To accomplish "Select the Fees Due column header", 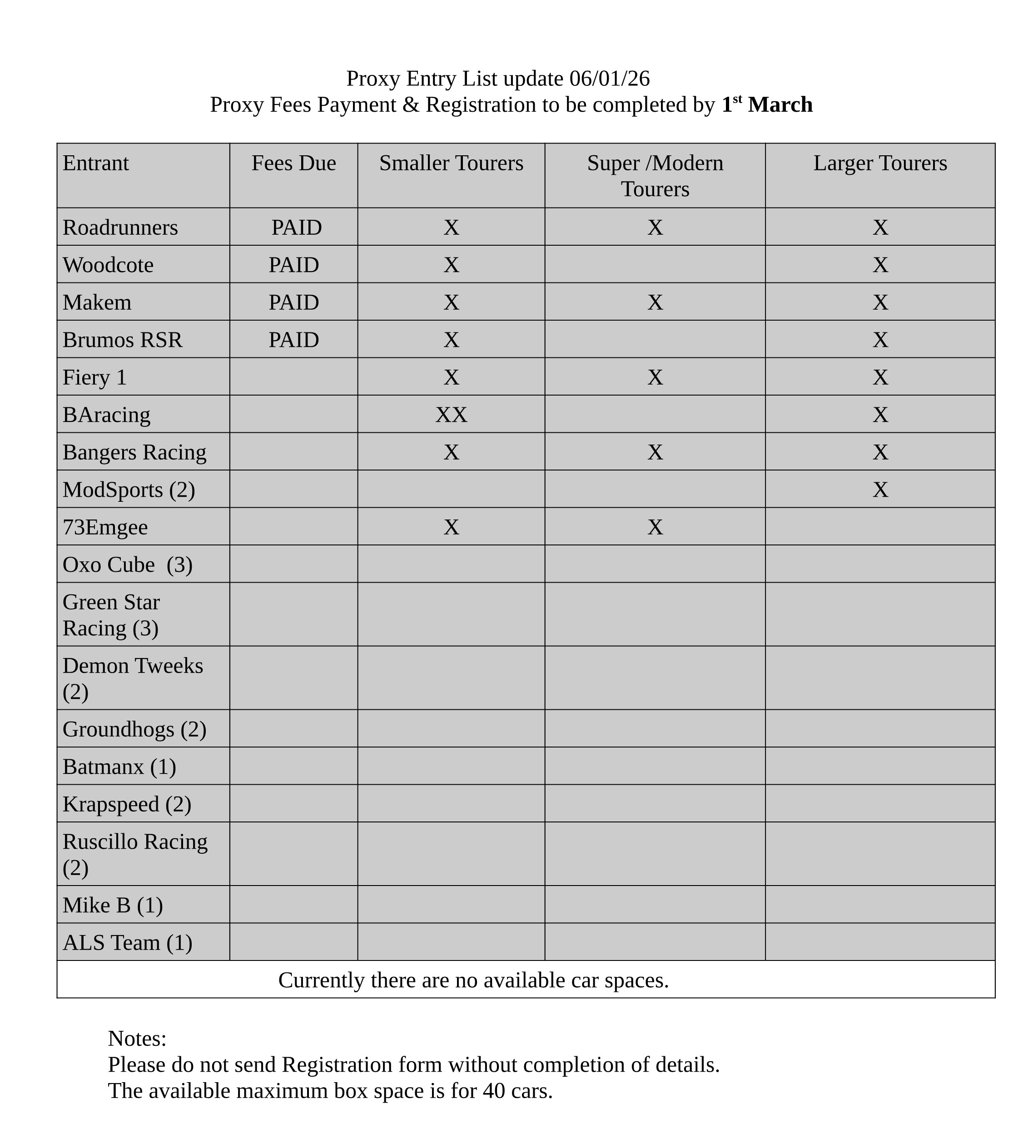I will (293, 163).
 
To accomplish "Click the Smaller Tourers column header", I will (451, 163).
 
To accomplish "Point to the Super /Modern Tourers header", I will (655, 176).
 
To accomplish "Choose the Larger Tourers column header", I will (880, 163).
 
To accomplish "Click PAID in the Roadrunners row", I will (296, 228).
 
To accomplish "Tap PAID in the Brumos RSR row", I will (293, 340).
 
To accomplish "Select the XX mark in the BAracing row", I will (451, 415).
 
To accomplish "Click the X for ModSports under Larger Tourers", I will (880, 490).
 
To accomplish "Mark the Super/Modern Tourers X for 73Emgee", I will (655, 527).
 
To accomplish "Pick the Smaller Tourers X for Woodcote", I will (451, 265).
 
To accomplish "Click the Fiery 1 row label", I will (94, 377).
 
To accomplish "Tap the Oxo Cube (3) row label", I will (127, 564).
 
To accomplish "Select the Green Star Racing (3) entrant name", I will (111, 615).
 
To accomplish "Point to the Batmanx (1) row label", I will (119, 767).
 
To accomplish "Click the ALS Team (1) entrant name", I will (127, 943).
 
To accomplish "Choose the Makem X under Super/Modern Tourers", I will (655, 302).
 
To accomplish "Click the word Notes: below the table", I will (137, 1039).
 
